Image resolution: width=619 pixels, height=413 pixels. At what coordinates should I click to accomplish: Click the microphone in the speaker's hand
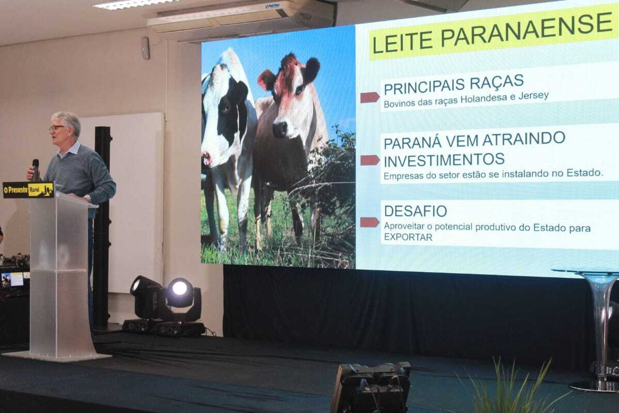36,170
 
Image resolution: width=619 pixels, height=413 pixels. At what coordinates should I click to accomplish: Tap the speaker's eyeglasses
57,128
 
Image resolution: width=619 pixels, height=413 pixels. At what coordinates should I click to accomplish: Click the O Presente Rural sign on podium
28,190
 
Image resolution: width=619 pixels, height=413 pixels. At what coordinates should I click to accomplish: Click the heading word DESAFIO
416,211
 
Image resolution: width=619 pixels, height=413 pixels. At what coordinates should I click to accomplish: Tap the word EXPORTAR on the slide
408,237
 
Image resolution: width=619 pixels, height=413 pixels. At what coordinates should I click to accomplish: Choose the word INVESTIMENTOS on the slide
444,160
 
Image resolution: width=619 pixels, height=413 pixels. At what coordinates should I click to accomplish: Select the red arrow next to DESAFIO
370,222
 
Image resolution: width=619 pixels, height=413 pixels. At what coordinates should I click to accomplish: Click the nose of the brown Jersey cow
280,129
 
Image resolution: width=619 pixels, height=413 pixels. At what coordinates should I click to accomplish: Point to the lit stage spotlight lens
180,288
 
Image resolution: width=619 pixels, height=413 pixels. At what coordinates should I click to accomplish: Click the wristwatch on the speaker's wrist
88,198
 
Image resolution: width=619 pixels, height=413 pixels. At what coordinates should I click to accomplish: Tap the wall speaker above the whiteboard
146,48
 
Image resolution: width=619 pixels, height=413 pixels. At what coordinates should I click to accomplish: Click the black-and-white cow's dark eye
225,108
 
